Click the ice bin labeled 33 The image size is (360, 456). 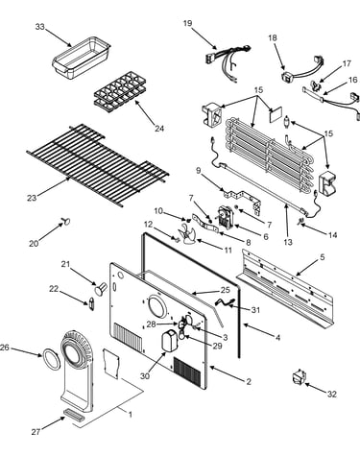coord(82,57)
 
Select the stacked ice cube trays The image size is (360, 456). coord(120,92)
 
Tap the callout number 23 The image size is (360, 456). coord(32,198)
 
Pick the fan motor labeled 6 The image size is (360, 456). coord(226,218)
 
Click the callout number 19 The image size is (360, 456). coord(188,24)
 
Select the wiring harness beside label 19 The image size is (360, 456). coord(228,61)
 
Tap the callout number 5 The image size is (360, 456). coord(323,256)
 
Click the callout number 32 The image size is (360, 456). coord(332,394)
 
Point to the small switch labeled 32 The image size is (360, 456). coord(299,376)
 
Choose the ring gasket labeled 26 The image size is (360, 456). coord(51,359)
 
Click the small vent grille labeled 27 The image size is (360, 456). coord(75,413)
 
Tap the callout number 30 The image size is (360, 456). coord(145,376)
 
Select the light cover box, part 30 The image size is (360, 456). coord(169,342)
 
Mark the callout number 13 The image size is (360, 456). coord(288,242)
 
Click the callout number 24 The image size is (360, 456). coord(159,129)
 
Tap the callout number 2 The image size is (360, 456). coord(249,381)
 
